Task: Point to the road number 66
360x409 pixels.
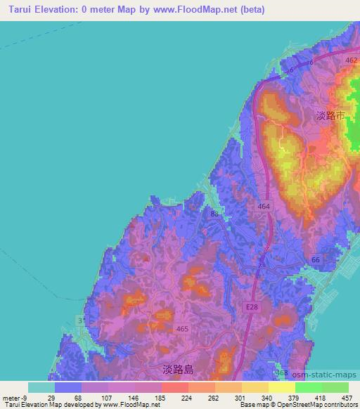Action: tap(316, 259)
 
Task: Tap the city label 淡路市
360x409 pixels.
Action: tap(330, 116)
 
